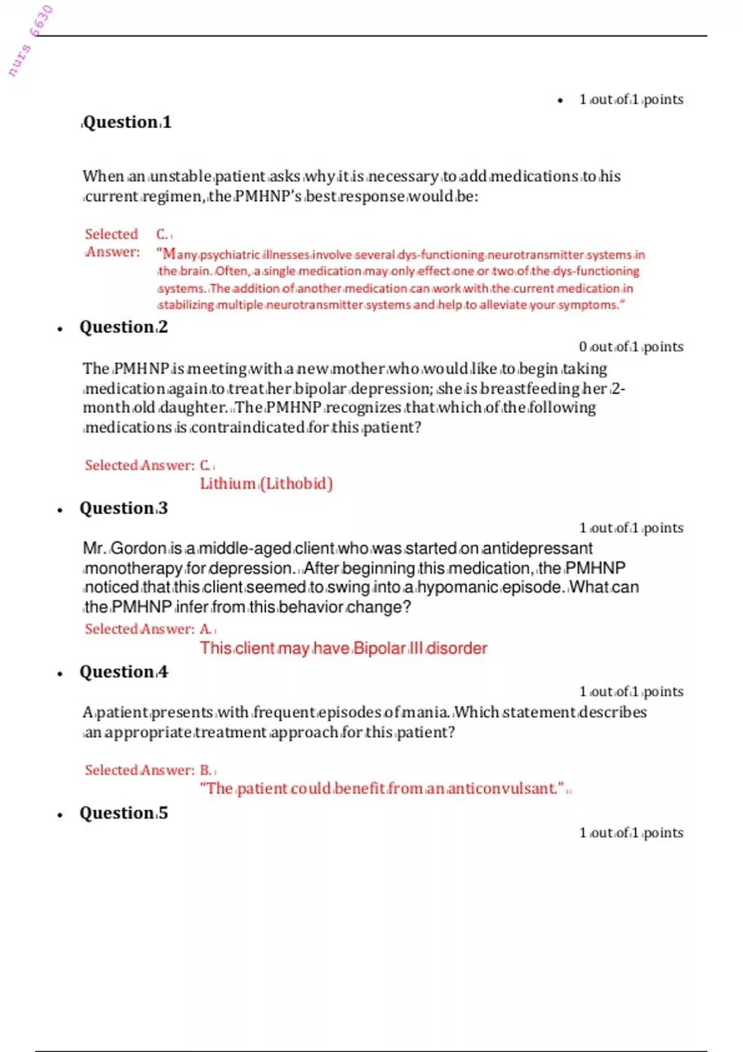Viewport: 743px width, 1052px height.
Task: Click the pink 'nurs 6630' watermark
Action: pos(30,41)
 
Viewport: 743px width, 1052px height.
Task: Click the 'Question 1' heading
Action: pos(127,123)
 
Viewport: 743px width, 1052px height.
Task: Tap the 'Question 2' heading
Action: pos(124,327)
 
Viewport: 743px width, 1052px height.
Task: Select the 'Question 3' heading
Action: pos(124,509)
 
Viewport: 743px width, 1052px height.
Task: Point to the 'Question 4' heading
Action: pos(124,672)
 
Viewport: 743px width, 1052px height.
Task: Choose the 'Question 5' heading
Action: pos(124,813)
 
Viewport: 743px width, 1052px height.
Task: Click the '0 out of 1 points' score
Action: pos(631,347)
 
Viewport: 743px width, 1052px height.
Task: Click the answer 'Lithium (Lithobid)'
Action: pos(266,484)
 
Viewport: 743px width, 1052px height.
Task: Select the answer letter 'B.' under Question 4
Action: pos(206,770)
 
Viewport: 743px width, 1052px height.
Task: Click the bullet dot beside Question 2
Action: pos(60,329)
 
